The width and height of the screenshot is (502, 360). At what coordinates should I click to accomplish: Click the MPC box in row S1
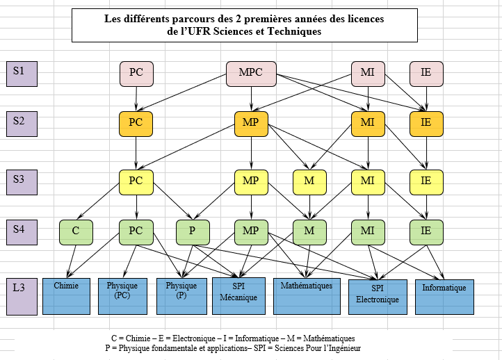click(251, 73)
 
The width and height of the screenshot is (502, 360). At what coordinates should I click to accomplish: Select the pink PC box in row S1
click(136, 73)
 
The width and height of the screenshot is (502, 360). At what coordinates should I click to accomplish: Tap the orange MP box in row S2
click(251, 122)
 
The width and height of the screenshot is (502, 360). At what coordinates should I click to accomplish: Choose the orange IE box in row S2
click(426, 122)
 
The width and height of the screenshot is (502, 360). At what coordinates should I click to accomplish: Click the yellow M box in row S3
click(309, 181)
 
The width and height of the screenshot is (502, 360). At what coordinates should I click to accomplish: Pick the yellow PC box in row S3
click(136, 181)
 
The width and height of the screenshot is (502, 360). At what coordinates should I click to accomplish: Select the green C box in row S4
click(76, 231)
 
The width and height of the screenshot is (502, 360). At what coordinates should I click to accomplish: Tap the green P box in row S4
click(193, 231)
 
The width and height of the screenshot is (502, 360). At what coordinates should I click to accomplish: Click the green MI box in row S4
click(368, 231)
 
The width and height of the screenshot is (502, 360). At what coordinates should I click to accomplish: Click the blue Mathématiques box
click(306, 295)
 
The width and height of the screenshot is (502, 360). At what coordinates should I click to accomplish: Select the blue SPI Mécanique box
click(238, 295)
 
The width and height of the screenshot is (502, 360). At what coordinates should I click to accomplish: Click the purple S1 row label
click(21, 73)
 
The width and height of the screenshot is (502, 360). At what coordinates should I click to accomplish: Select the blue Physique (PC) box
click(122, 295)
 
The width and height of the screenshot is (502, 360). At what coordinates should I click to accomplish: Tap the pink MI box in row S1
click(368, 73)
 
